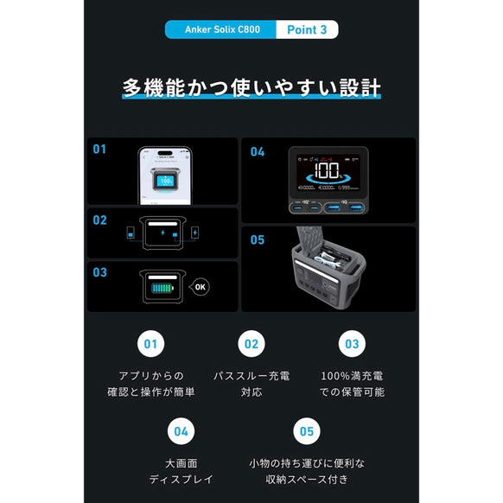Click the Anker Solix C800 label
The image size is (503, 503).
point(220,29)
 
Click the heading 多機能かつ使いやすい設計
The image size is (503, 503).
point(251,89)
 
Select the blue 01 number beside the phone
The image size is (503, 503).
point(99,149)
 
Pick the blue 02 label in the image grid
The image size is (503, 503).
point(99,220)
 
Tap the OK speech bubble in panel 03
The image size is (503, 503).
point(200,286)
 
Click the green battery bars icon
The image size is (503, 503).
point(162,287)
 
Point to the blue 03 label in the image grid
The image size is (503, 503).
point(99,272)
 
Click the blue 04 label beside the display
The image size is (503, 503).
point(257,152)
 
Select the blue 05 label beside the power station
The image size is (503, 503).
point(257,239)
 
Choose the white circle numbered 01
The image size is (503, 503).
point(151,344)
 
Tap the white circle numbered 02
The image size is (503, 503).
point(251,344)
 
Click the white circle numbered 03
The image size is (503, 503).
point(351,344)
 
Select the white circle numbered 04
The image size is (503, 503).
point(181,430)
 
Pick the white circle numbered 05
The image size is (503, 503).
point(304,430)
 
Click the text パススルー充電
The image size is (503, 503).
point(251,377)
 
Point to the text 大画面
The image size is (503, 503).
point(181,462)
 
